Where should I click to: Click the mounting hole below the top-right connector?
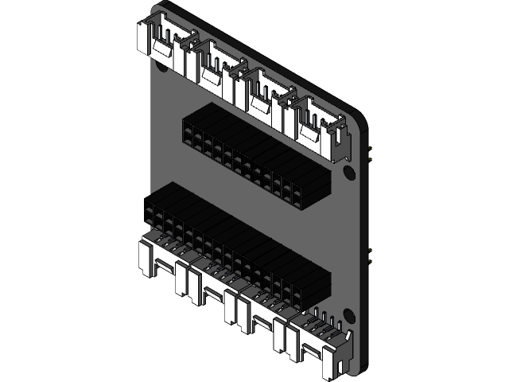(x=348, y=172)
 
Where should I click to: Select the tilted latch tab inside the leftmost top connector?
(x=162, y=47)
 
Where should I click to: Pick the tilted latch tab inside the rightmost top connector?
(x=309, y=130)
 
